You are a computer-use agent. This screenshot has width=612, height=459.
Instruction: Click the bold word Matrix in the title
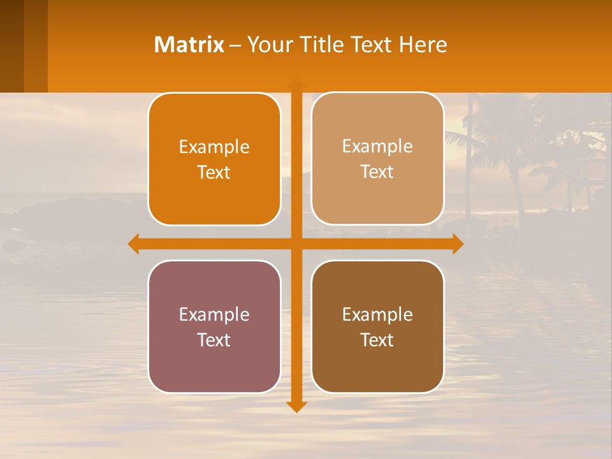tap(189, 45)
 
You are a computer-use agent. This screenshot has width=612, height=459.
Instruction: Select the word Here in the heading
tap(423, 45)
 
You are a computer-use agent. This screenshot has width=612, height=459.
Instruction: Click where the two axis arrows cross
tap(296, 244)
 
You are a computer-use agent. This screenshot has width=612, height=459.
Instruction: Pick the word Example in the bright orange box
tap(214, 147)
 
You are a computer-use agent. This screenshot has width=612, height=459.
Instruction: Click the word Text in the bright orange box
tap(214, 173)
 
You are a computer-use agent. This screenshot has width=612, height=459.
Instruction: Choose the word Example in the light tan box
tap(377, 147)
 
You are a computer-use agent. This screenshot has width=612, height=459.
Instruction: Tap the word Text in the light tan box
tap(377, 172)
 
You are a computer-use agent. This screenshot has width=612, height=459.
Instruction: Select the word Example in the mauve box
tap(214, 315)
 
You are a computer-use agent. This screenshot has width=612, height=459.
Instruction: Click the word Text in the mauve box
tap(214, 340)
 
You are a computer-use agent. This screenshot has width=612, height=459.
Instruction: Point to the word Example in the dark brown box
tap(377, 315)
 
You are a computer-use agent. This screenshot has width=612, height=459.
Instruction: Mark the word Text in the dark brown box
tap(377, 340)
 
